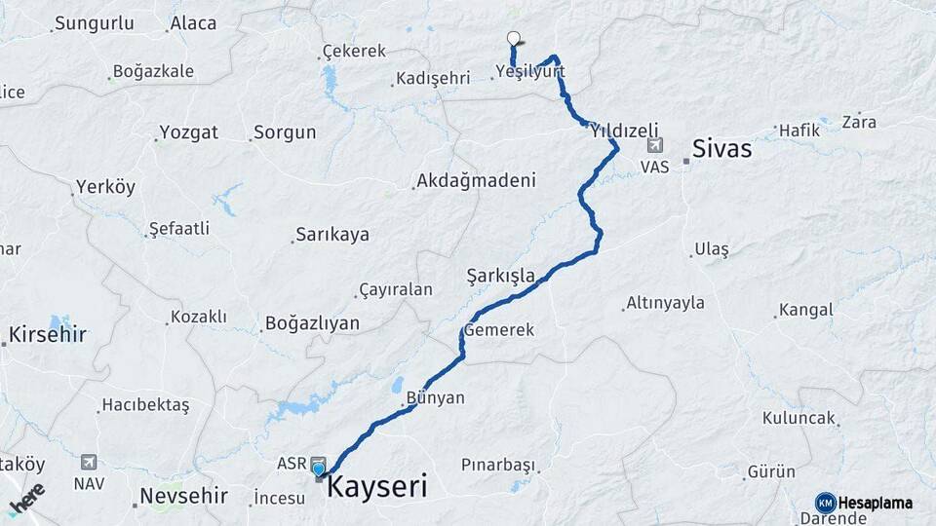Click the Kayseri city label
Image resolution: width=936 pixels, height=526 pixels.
376,486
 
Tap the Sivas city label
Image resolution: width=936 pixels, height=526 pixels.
721,149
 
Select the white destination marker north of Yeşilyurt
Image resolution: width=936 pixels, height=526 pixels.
514,38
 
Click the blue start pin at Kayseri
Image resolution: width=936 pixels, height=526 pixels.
319,470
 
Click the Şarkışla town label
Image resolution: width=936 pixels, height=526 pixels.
501,276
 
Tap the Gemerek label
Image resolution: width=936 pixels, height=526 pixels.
499,330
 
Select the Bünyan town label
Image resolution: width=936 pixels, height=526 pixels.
435,397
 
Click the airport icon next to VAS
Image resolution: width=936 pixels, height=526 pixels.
654,146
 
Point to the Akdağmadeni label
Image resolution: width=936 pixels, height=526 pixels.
476,180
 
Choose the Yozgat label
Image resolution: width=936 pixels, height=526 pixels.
188,131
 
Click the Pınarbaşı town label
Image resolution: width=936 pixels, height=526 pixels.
498,463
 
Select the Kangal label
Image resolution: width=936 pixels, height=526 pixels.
805,310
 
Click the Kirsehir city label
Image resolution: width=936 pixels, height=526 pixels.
48,335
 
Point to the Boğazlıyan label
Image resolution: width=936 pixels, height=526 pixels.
312,323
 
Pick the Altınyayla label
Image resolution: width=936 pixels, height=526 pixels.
667,303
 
